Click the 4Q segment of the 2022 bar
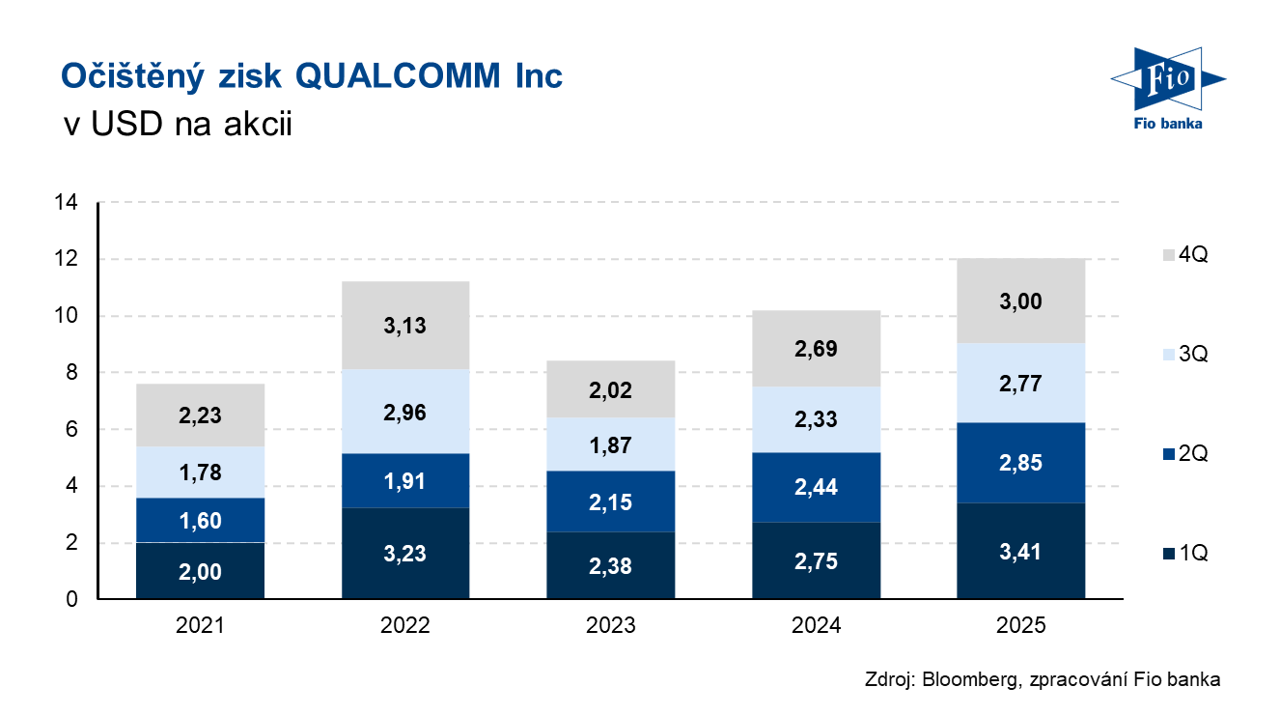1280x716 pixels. [404, 326]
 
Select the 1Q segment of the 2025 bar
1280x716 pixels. [1021, 551]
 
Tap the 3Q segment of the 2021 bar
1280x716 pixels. [200, 473]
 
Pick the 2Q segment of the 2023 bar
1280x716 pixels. [610, 501]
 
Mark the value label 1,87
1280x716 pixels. [610, 445]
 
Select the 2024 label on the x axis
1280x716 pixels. [816, 625]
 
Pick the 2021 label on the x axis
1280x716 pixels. [200, 625]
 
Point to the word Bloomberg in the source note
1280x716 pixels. [967, 679]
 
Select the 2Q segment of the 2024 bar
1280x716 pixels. [816, 487]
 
